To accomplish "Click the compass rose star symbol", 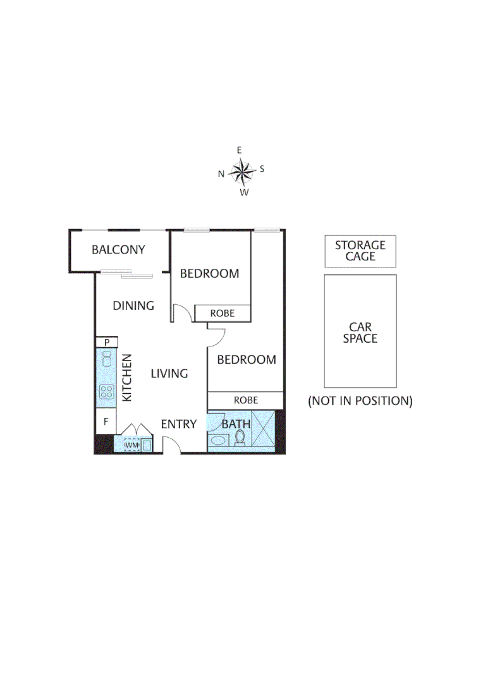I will coord(241,170).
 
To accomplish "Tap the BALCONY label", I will coord(118,250).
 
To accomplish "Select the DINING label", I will coord(133,306).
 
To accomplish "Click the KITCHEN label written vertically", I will coord(127,378).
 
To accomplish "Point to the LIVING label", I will coord(169,374).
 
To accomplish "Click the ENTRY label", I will coord(179,424).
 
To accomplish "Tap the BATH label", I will coord(236,424).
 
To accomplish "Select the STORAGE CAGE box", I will coord(360,251).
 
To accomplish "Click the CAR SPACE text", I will coord(360,333).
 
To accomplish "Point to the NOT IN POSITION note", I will coord(360,401).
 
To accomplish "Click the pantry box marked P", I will coord(106,342).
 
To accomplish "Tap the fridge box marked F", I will coord(106,421).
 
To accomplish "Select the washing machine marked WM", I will coord(131,446).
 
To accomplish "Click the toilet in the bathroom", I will coord(240,437).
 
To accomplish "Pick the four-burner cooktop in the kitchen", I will coord(106,392).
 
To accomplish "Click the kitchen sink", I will coord(106,361).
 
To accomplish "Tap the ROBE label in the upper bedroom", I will coord(223,313).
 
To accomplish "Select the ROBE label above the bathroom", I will coord(245,400).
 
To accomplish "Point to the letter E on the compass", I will coord(239,151).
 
